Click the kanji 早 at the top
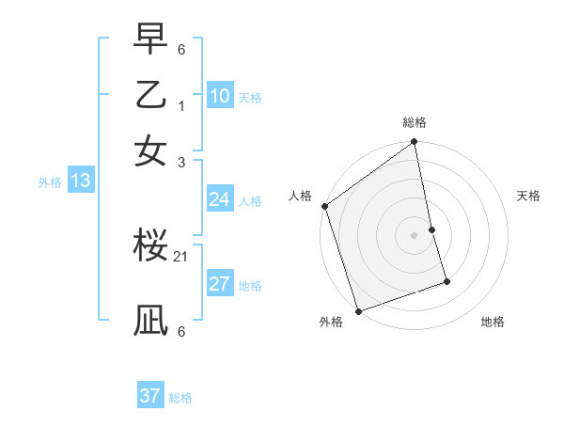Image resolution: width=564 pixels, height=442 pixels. click(x=150, y=40)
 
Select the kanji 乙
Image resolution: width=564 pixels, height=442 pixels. click(x=150, y=95)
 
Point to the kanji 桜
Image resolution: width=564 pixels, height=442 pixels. click(x=150, y=246)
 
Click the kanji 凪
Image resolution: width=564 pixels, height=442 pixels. click(x=150, y=320)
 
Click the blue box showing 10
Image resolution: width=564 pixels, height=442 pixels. click(x=220, y=96)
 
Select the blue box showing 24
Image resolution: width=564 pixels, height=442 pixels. click(x=220, y=199)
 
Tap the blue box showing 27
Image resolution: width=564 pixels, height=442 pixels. click(x=220, y=284)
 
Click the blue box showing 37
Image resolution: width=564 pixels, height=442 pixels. click(x=150, y=396)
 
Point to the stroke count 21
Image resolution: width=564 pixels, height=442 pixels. click(x=181, y=256)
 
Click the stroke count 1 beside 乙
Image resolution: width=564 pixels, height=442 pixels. click(x=181, y=106)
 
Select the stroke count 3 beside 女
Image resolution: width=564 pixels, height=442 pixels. click(x=181, y=162)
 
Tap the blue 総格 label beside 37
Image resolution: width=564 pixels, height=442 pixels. click(x=180, y=398)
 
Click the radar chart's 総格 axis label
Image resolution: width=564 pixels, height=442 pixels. click(x=414, y=122)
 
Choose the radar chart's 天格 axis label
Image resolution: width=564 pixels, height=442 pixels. click(x=528, y=196)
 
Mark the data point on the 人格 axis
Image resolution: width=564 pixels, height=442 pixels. click(x=325, y=206)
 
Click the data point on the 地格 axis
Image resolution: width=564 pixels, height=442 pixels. click(x=446, y=281)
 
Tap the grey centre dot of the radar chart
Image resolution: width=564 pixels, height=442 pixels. click(x=414, y=234)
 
